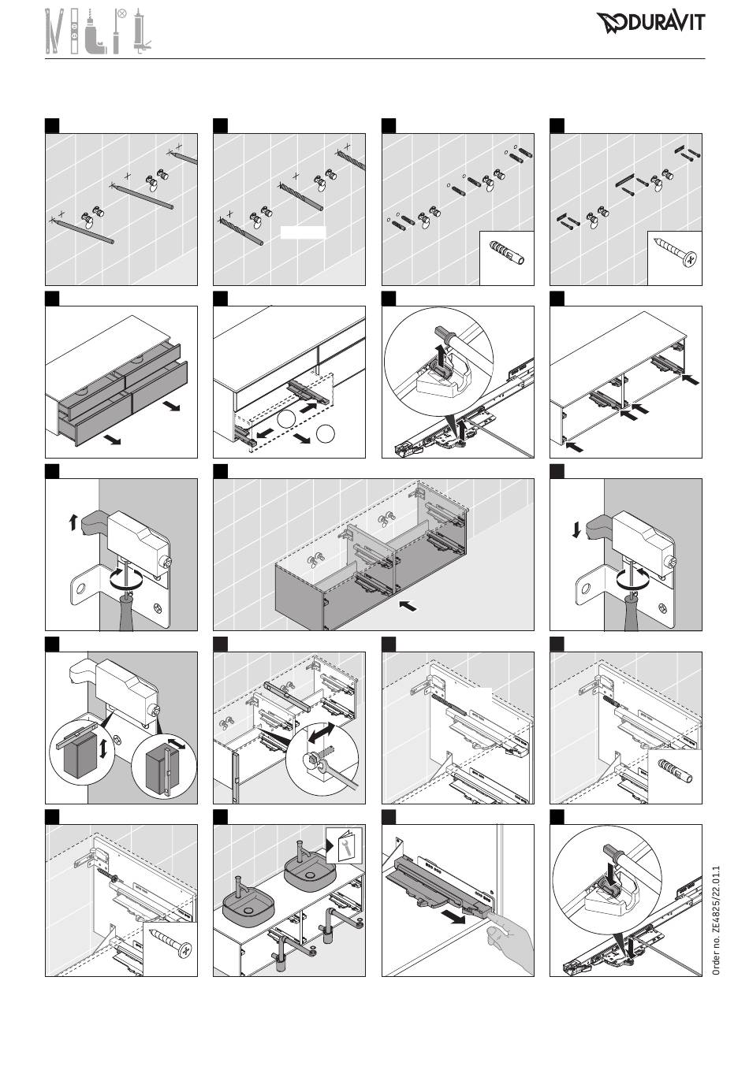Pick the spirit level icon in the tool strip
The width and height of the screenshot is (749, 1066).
(x=74, y=32)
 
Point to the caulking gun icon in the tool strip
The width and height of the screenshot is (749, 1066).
(x=141, y=32)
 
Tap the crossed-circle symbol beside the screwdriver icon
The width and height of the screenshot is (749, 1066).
(x=122, y=13)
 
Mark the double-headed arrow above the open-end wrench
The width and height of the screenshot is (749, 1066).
(x=322, y=734)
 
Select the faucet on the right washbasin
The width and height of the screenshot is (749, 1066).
(x=300, y=850)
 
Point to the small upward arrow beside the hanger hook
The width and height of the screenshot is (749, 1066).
(x=73, y=523)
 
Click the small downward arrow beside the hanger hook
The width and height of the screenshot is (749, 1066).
(x=576, y=529)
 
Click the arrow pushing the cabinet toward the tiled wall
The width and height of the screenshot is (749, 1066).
(x=408, y=606)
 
